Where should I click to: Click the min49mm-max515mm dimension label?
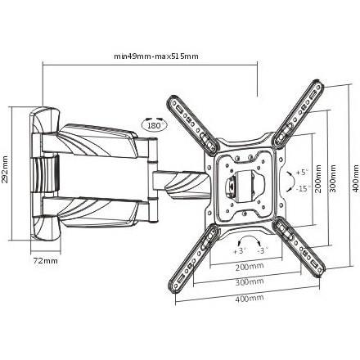pyautogui.click(x=156, y=56)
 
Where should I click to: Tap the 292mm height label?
pyautogui.click(x=5, y=173)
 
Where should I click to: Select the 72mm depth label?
pyautogui.click(x=46, y=261)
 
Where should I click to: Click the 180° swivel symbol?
pyautogui.click(x=155, y=124)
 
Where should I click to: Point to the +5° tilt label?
pyautogui.click(x=302, y=173)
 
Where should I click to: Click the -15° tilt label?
pyautogui.click(x=303, y=188)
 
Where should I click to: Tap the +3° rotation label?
pyautogui.click(x=240, y=251)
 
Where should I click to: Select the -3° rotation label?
pyautogui.click(x=263, y=250)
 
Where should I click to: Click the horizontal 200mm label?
pyautogui.click(x=250, y=266)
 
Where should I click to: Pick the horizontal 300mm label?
pyautogui.click(x=250, y=281)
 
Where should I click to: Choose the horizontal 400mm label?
pyautogui.click(x=250, y=298)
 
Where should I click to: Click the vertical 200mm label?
pyautogui.click(x=318, y=178)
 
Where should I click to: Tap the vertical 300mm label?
pyautogui.click(x=333, y=178)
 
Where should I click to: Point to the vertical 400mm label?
pyautogui.click(x=356, y=178)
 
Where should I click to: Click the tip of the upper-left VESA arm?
pyautogui.click(x=172, y=99)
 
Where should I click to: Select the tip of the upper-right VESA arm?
pyautogui.click(x=318, y=83)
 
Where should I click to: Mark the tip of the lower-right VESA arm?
pyautogui.click(x=319, y=273)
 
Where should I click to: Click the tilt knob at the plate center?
pyautogui.click(x=231, y=187)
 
